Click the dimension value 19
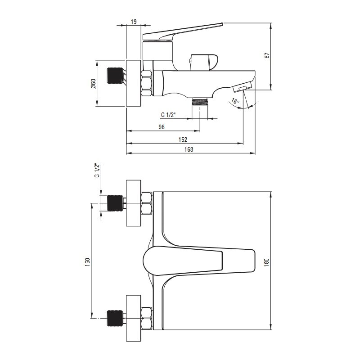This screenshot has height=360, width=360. click(134, 22)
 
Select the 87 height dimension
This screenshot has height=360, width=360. click(267, 55)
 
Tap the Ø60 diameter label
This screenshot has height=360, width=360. click(93, 84)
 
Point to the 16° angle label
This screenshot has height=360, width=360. click(235, 101)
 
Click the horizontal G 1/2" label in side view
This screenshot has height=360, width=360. click(168, 115)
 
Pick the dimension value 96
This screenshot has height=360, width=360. click(162, 127)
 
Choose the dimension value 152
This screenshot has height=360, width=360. click(183, 139)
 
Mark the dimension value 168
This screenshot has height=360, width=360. click(189, 149)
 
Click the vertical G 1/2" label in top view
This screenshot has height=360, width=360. click(97, 171)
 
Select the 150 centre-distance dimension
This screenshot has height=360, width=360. click(87, 262)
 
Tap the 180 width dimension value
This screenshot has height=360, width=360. click(266, 262)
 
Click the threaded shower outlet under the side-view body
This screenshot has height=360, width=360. click(200, 101)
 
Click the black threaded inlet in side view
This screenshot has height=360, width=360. click(115, 76)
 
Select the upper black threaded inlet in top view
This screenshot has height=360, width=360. click(115, 203)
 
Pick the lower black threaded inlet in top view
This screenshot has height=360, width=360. click(115, 318)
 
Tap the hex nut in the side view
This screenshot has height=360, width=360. click(147, 83)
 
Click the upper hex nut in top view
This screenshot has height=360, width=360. click(147, 203)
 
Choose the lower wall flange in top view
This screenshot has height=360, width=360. click(133, 318)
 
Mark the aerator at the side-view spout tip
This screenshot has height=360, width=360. click(242, 88)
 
